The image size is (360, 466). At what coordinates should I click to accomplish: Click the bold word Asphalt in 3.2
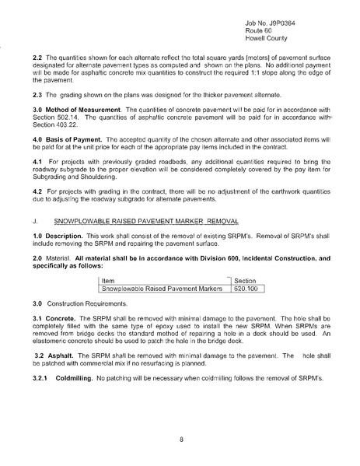coord(62,353)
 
